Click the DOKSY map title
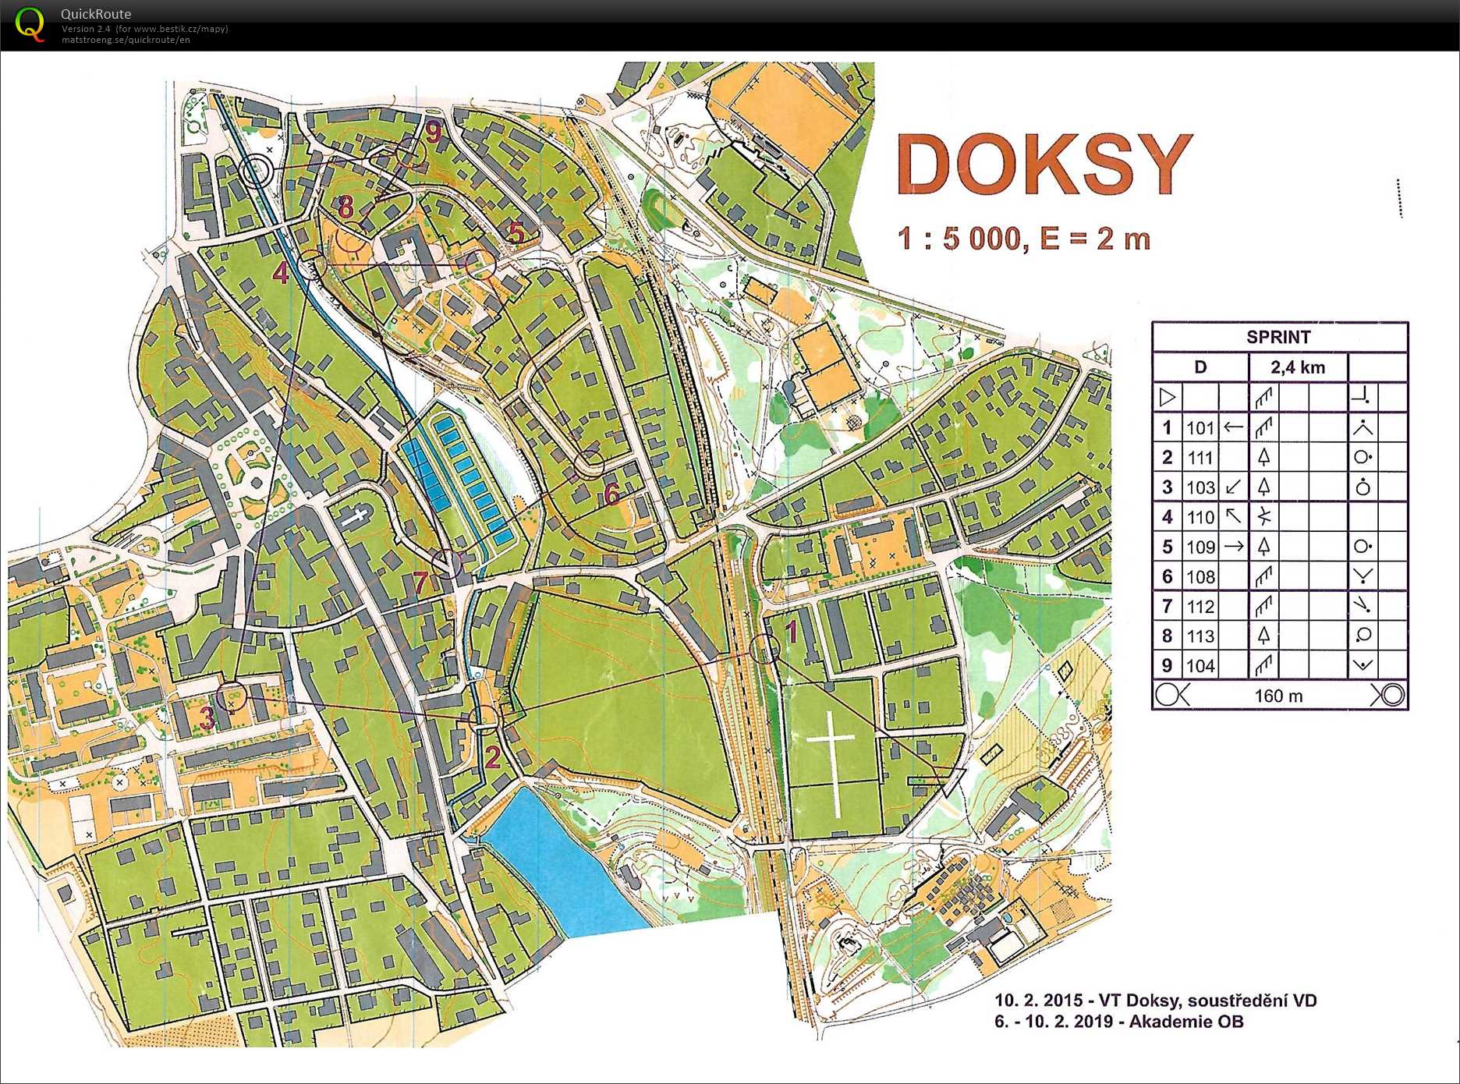(1044, 165)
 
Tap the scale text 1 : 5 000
(958, 239)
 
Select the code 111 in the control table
(1200, 458)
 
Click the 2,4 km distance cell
(1297, 367)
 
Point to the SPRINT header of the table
(1278, 337)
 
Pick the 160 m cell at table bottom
(1278, 696)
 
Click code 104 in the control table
(1200, 666)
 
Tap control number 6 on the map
(611, 493)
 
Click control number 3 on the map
(207, 717)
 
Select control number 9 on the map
(433, 132)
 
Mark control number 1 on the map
(791, 631)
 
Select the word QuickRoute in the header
(96, 14)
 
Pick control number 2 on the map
(493, 756)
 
